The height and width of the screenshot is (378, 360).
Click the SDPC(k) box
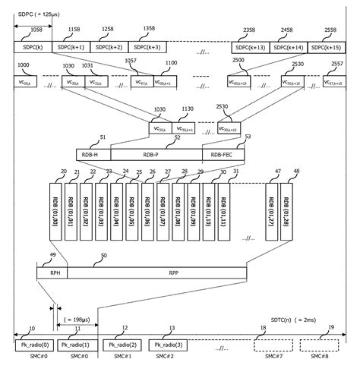pos(33,47)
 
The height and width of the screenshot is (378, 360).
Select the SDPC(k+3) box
pos(148,47)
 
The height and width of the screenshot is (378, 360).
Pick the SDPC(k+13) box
pos(250,47)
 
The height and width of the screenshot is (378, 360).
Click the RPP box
pos(173,272)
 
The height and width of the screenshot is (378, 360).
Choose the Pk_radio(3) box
pos(167,346)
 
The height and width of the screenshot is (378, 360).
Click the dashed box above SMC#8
pos(320,346)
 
